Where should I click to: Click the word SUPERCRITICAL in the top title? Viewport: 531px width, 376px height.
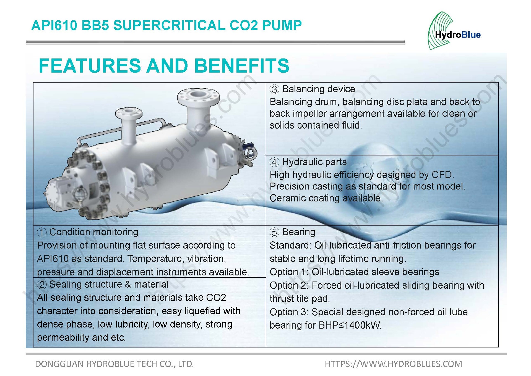[x=169, y=25]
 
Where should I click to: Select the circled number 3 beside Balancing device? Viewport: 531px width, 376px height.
[x=274, y=89]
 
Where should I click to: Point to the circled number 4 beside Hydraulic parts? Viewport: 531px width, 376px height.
[x=274, y=162]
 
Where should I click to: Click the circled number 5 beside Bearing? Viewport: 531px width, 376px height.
[x=274, y=232]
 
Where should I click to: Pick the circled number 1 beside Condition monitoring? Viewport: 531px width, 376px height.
[x=42, y=232]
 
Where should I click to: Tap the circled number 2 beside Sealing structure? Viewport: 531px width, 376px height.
[x=42, y=285]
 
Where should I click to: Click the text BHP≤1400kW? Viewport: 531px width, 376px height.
[x=350, y=325]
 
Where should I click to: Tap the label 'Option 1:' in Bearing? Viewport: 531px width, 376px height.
[x=289, y=272]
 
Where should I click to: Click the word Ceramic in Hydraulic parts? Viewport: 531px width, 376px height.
[x=287, y=198]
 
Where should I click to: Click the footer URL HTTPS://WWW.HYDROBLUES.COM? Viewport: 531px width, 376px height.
[x=393, y=364]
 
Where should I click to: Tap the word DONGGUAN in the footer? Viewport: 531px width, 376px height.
[x=59, y=364]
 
